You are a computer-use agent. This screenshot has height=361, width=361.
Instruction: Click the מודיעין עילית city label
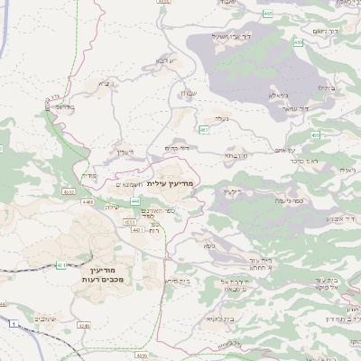(x=170, y=183)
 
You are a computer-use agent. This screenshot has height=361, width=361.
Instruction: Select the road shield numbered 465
(x=268, y=14)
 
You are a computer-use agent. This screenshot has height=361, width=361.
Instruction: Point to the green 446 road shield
(x=134, y=200)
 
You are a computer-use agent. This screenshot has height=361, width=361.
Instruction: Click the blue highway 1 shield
(x=14, y=322)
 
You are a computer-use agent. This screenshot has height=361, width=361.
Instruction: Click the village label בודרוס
(x=63, y=106)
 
